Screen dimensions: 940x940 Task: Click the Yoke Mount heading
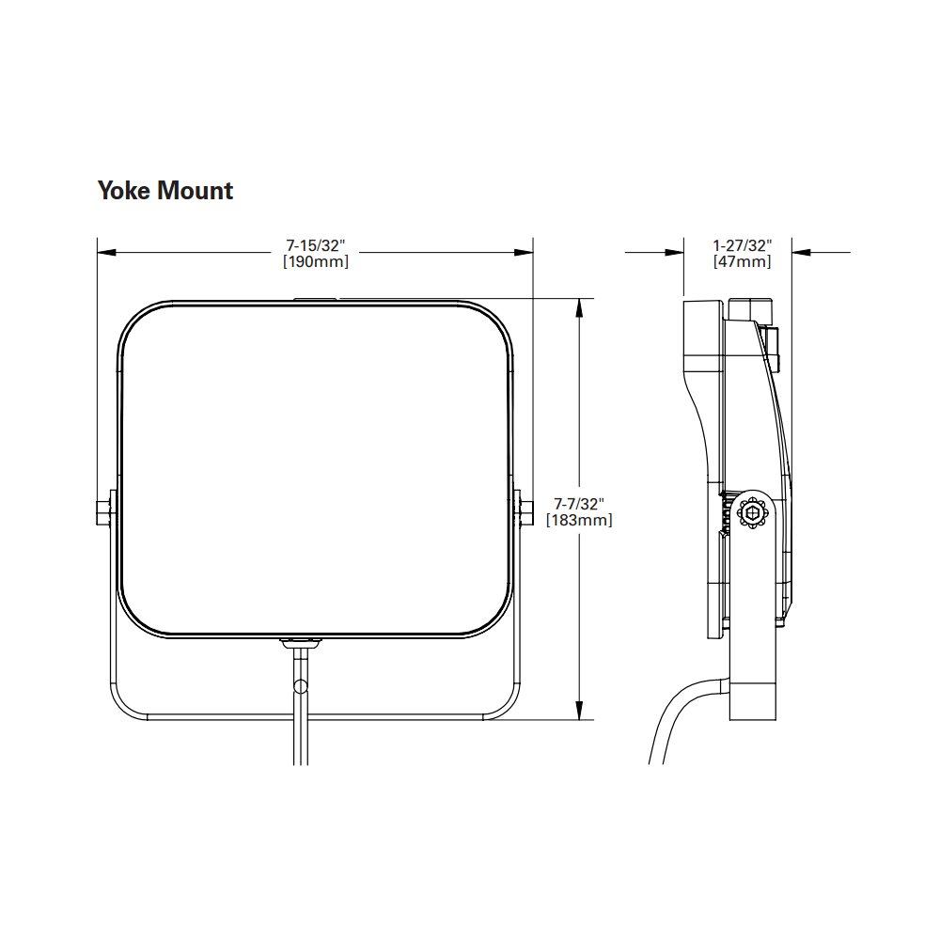pyautogui.click(x=165, y=191)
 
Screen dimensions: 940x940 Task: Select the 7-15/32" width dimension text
pyautogui.click(x=316, y=245)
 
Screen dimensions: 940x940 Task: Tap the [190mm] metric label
pyautogui.click(x=316, y=262)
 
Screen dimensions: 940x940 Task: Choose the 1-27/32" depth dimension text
pyautogui.click(x=743, y=245)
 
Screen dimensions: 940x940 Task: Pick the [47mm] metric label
pyautogui.click(x=743, y=262)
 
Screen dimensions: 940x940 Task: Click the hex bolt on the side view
pyautogui.click(x=753, y=514)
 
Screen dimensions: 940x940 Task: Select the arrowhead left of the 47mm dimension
pyautogui.click(x=675, y=252)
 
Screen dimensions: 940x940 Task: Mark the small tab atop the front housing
pyautogui.click(x=316, y=301)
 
